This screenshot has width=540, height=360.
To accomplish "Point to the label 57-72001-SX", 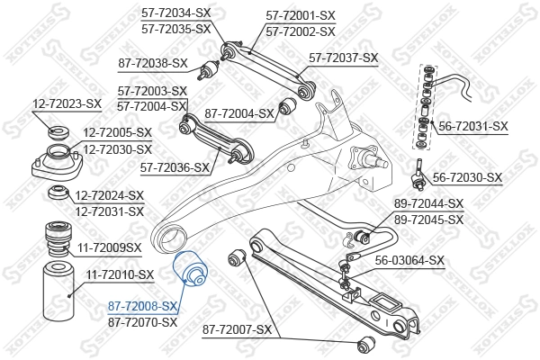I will point(301,16).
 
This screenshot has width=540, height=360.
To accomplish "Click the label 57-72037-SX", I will point(343,58).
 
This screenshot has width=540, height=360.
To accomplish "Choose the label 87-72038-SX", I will point(153,63).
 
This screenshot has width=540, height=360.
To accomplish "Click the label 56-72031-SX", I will point(473,127).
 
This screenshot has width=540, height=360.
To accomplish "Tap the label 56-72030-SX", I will point(468,177).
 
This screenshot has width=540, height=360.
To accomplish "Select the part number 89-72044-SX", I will point(428,204).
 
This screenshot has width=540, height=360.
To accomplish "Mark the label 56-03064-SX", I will point(409,261).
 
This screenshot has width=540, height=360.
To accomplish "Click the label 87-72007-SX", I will point(237,330).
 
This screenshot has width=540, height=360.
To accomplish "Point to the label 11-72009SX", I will point(109,246).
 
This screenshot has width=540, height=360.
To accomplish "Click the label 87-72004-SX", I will point(239,113).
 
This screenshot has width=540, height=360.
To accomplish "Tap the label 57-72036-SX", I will point(175,167).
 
